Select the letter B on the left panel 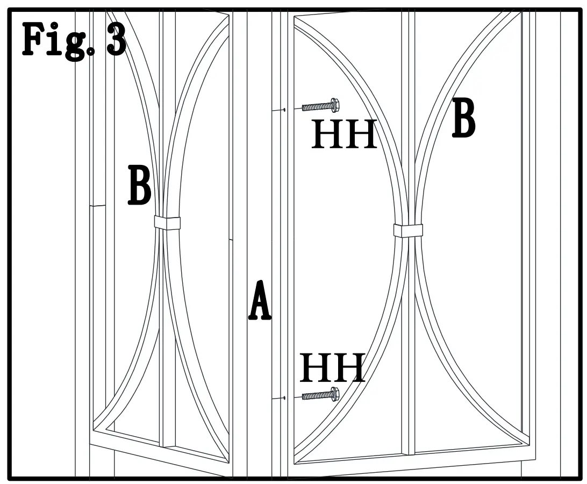pyautogui.click(x=139, y=185)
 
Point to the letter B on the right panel pyautogui.click(x=463, y=118)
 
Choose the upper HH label pyautogui.click(x=344, y=134)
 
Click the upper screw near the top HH pyautogui.click(x=320, y=106)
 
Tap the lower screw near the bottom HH pyautogui.click(x=320, y=395)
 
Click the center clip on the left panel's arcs pyautogui.click(x=167, y=222)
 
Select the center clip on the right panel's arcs pyautogui.click(x=408, y=230)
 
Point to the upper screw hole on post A pyautogui.click(x=284, y=110)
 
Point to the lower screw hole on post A pyautogui.click(x=284, y=398)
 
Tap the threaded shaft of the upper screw pyautogui.click(x=316, y=107)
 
